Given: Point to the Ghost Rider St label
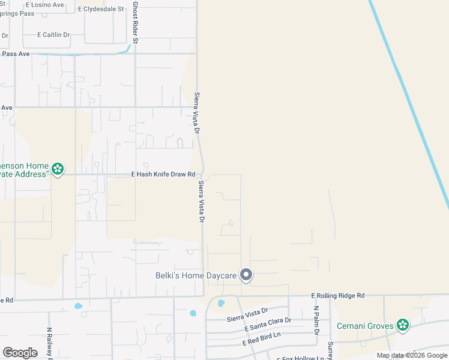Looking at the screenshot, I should [x=136, y=23].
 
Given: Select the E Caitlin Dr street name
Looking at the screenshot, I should [x=53, y=35].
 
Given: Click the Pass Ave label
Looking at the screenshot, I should [x=16, y=54].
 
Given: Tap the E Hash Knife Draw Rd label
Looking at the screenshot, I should [x=164, y=175].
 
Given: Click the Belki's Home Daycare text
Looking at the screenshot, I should [x=193, y=276].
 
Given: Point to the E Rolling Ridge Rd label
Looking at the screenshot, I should [x=338, y=296].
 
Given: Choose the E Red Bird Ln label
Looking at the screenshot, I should [x=262, y=338].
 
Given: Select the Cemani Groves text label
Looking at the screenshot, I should [x=364, y=326].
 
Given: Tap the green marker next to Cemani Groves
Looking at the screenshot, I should [x=403, y=326].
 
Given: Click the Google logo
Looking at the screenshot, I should [x=20, y=353].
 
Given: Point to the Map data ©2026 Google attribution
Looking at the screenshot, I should [x=412, y=355].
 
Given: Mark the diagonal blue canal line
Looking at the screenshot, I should [x=408, y=102].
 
